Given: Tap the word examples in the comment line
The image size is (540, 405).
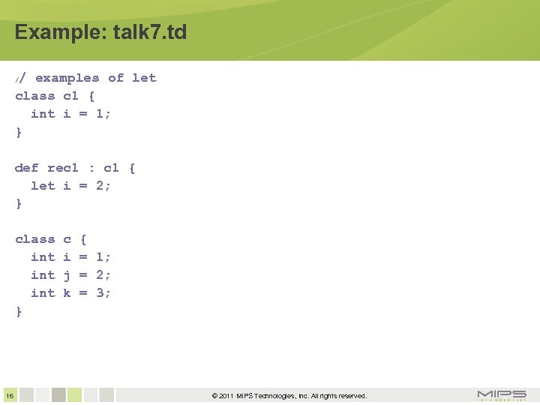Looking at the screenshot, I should pos(67,78).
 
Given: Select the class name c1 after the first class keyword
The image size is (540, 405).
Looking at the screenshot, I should pos(70,96).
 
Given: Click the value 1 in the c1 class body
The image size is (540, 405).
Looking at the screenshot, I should pos(103,114).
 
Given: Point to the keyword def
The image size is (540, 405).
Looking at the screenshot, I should pos(26,168).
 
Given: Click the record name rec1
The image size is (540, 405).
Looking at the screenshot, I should pos(62,168).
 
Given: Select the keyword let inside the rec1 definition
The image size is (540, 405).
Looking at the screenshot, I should pos(43,186).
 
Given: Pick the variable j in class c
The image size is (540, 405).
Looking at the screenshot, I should pos(67,275).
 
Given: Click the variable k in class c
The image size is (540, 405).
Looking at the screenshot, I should pos(67,293).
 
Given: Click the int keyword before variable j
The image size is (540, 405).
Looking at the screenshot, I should pos(43,275).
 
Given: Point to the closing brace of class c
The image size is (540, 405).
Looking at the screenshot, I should pos(19,311).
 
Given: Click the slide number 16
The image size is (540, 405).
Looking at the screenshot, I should pos(8,395).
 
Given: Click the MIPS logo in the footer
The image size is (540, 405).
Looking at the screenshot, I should pos(502,395).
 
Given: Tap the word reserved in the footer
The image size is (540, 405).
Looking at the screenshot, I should pos(348,396).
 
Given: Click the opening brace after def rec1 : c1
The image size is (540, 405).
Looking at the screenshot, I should pos(132,168).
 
